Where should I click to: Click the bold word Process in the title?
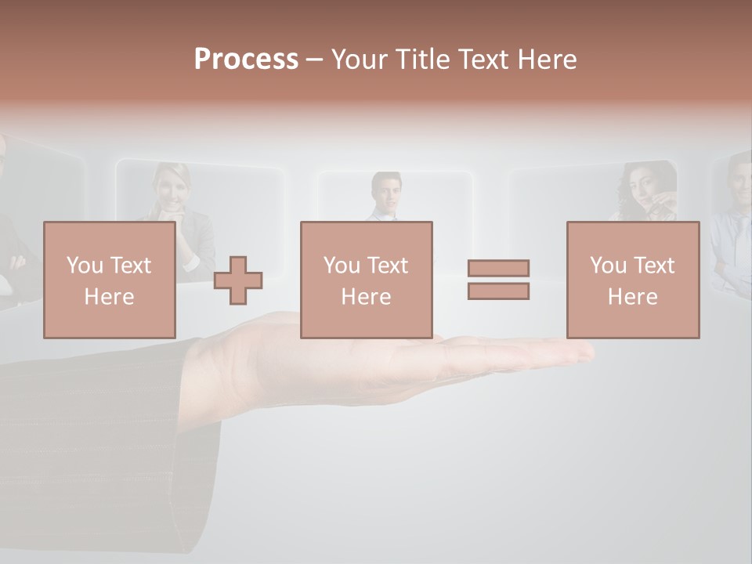(x=246, y=60)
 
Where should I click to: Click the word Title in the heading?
(x=421, y=60)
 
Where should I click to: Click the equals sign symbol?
(x=498, y=280)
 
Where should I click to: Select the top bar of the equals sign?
(x=498, y=269)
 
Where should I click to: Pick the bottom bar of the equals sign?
(x=498, y=291)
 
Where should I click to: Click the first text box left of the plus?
(x=109, y=280)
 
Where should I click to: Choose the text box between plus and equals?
(x=366, y=280)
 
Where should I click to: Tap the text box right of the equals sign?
(x=632, y=280)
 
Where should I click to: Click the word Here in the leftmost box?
(x=109, y=297)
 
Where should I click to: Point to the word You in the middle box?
(x=342, y=266)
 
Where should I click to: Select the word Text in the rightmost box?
(x=654, y=266)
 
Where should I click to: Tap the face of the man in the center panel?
(x=386, y=193)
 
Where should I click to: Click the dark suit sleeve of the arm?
(x=102, y=439)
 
